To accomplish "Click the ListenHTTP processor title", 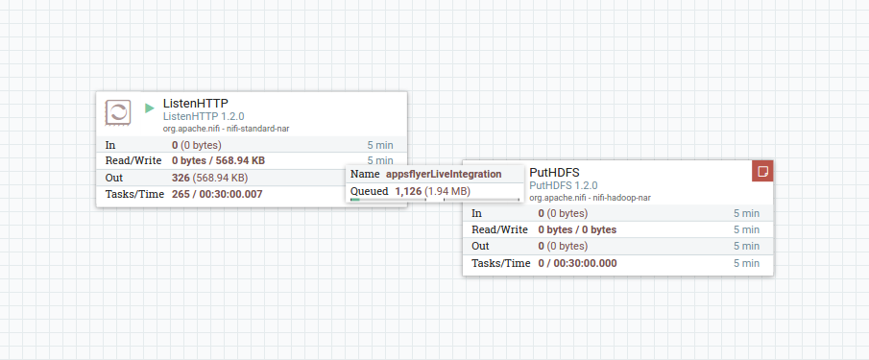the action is pos(195,103).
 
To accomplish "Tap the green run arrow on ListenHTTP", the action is pos(149,108).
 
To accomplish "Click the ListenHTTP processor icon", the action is pos(118,112).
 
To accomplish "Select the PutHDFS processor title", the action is pos(554,172).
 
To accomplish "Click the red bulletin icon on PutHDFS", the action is pos(762,171).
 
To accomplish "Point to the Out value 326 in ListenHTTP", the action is pos(181,178).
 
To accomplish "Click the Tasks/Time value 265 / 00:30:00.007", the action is pos(216,194).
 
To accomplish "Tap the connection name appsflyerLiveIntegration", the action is pos(444,174).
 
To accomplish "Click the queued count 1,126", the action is pos(408,191).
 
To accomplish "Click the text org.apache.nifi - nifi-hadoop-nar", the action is pos(590,197).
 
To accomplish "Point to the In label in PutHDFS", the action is pos(477,213).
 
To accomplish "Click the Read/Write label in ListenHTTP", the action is pos(131,160).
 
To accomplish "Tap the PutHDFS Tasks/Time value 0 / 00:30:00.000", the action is pos(577,262).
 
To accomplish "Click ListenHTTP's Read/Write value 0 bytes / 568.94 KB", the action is pos(218,160).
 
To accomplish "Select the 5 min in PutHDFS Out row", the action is pos(746,246).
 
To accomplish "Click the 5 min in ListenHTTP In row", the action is pos(380,144).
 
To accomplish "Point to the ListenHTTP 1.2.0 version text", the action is pos(203,116).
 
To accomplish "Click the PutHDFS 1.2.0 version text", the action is pos(564,185).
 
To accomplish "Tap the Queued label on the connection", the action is pos(369,191).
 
